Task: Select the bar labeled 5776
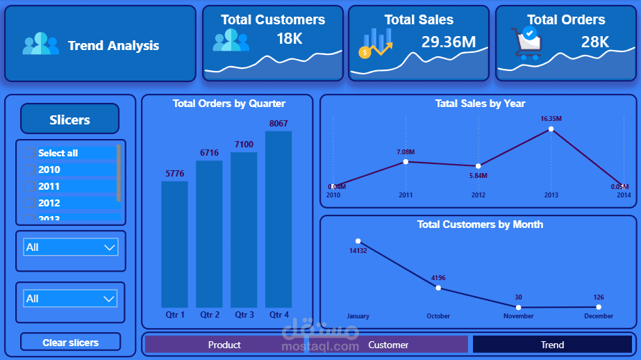point(174,244)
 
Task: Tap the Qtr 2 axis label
point(210,315)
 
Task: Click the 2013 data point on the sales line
point(551,129)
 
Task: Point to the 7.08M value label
point(406,152)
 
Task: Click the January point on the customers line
point(358,241)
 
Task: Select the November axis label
point(518,316)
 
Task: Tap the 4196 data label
point(438,278)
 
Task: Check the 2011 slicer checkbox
point(29,186)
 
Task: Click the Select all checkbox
point(29,153)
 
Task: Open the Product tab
point(224,345)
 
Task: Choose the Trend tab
point(553,345)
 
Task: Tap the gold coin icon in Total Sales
point(365,52)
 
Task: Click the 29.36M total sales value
point(449,42)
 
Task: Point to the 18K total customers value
point(290,39)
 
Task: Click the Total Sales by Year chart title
point(480,104)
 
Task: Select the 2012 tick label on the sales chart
point(478,195)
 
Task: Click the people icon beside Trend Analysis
point(41,45)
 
